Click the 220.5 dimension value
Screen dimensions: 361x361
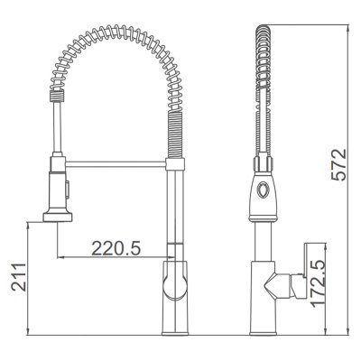click(116, 248)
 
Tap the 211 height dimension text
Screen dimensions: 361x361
click(19, 277)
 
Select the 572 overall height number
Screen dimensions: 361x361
click(339, 164)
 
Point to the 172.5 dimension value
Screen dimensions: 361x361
click(318, 284)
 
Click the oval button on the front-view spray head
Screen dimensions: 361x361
click(262, 190)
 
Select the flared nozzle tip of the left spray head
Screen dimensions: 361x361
click(58, 218)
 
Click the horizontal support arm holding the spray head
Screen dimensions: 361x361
click(116, 164)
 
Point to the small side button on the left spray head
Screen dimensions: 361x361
click(68, 190)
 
